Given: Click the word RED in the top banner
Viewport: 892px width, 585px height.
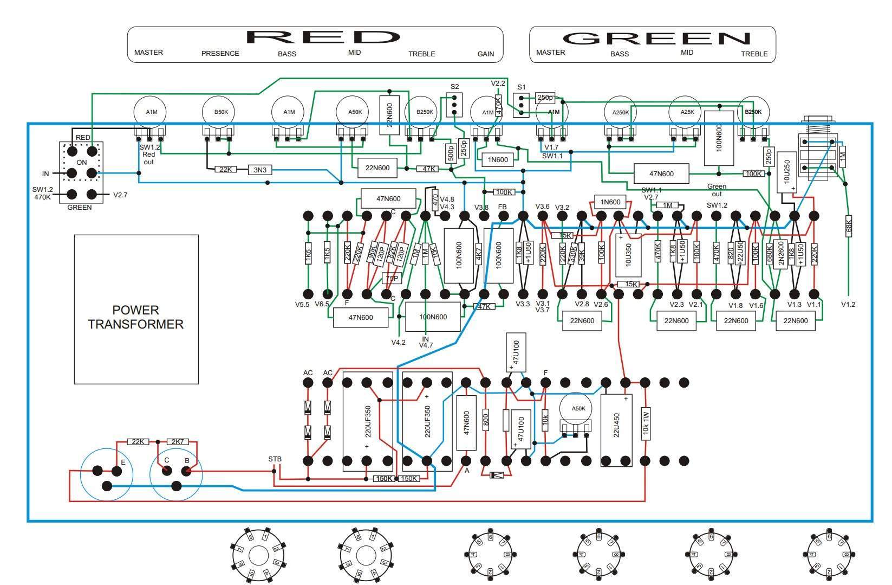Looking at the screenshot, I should pyautogui.click(x=323, y=37).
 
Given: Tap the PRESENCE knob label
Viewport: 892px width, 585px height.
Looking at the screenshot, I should pyautogui.click(x=220, y=54).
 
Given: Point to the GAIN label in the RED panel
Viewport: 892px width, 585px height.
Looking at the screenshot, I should pyautogui.click(x=485, y=54).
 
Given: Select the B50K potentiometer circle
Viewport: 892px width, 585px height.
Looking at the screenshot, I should pyautogui.click(x=220, y=112).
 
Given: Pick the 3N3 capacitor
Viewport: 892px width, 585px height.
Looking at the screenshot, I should pyautogui.click(x=260, y=170).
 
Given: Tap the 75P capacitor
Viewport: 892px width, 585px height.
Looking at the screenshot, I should pyautogui.click(x=391, y=279).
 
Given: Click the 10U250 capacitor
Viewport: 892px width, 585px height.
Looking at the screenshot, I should pyautogui.click(x=786, y=172).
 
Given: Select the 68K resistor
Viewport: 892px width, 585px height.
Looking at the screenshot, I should pyautogui.click(x=848, y=226).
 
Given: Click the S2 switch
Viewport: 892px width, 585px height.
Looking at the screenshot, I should pyautogui.click(x=454, y=104).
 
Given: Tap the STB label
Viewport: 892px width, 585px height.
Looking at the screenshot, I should pyautogui.click(x=275, y=459).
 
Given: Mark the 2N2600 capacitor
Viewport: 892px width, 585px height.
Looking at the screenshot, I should pyautogui.click(x=780, y=253).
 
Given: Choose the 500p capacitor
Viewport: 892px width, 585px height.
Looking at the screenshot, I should pyautogui.click(x=451, y=154).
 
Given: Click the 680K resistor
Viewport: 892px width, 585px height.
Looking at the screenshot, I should pyautogui.click(x=769, y=253).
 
